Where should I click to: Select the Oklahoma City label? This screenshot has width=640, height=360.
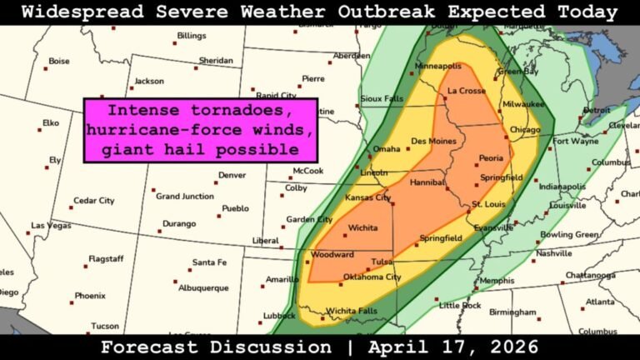pyautogui.click(x=372, y=277)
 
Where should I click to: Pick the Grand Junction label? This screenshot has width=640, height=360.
pyautogui.click(x=185, y=196)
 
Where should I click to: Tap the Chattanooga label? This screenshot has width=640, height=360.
pyautogui.click(x=589, y=275)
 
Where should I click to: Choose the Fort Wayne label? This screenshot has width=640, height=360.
pyautogui.click(x=575, y=141)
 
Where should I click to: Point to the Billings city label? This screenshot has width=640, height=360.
pyautogui.click(x=191, y=36)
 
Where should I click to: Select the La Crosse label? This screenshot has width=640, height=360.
pyautogui.click(x=466, y=91)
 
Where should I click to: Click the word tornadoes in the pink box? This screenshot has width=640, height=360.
pyautogui.click(x=234, y=111)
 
